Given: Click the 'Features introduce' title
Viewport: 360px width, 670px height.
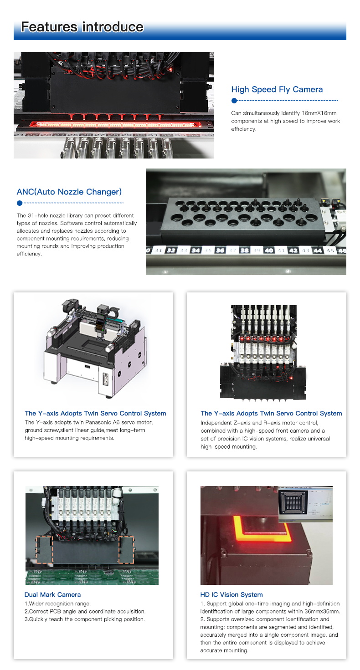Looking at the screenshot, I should [x=82, y=27].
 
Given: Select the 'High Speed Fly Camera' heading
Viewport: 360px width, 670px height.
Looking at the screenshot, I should [x=277, y=90].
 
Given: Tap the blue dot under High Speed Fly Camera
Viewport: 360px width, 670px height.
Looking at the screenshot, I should [x=234, y=101].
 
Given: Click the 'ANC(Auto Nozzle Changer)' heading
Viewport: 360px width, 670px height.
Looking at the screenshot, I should [x=69, y=192].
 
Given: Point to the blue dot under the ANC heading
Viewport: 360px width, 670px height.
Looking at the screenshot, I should [x=20, y=203].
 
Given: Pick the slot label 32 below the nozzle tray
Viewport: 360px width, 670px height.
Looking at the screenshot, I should [x=171, y=251].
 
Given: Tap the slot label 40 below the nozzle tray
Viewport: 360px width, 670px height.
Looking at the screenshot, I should [x=269, y=251].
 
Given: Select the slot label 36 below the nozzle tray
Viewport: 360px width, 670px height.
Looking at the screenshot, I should [x=220, y=251].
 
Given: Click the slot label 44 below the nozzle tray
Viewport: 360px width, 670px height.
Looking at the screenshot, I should [x=318, y=251].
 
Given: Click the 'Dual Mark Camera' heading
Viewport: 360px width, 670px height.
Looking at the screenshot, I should [x=52, y=594].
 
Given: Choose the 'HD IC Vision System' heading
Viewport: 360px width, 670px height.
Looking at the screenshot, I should [x=231, y=594].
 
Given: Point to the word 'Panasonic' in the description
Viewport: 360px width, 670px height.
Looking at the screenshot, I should [x=112, y=422].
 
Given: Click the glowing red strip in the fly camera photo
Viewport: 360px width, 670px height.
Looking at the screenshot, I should [x=114, y=124].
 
